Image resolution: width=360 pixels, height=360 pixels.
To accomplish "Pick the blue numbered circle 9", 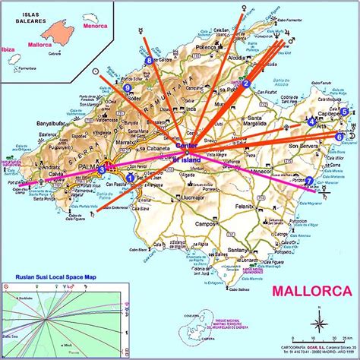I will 127,88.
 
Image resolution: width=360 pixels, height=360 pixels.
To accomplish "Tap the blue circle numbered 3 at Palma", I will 101,172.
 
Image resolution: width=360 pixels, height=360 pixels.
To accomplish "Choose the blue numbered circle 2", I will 246,84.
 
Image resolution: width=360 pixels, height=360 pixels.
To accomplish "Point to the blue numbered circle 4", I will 311,122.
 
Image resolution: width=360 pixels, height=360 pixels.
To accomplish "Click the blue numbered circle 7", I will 308,181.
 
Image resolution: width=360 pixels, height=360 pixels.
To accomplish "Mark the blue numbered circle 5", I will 344,112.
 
